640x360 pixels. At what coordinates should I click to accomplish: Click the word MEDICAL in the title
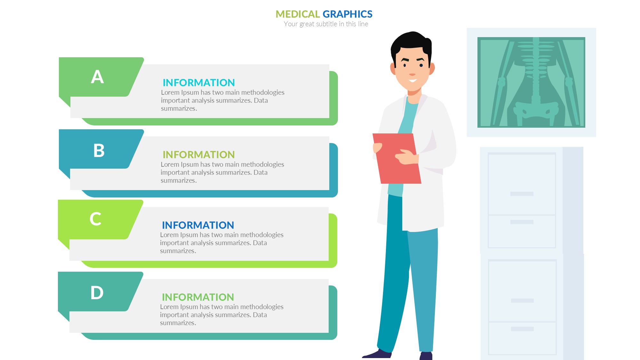(298, 14)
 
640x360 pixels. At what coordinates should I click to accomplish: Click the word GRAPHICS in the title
(348, 14)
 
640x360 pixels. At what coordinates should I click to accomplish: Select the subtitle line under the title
(326, 24)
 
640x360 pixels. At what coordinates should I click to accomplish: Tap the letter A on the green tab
(97, 77)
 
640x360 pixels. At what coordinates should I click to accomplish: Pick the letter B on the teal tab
(99, 150)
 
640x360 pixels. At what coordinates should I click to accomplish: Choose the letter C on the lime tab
(95, 219)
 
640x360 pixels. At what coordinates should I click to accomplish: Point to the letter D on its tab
(97, 292)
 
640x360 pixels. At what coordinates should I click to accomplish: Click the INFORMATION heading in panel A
(199, 83)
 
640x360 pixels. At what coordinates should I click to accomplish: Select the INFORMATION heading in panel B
(199, 155)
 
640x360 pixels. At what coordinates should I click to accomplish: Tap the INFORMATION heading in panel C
(198, 225)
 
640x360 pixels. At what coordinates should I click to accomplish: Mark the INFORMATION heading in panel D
(198, 297)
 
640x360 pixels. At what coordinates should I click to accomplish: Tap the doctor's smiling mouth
(412, 80)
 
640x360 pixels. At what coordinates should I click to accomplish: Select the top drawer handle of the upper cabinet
(522, 194)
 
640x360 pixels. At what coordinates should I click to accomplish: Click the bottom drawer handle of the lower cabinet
(522, 329)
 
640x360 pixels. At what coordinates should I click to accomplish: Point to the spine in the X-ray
(536, 70)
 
